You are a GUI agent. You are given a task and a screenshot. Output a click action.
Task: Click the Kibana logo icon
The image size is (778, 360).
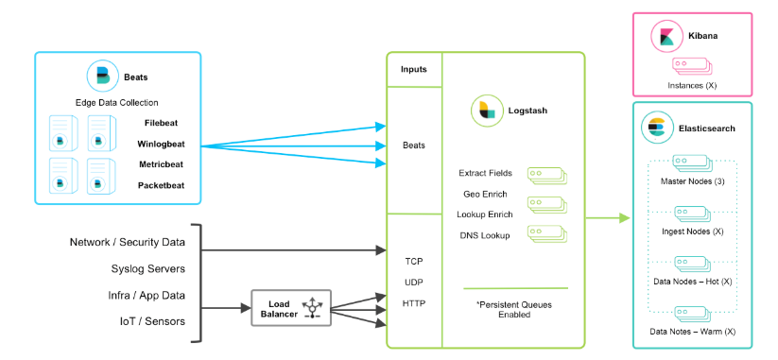coord(666,36)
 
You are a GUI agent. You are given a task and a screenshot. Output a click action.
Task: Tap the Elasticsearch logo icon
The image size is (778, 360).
coord(655,128)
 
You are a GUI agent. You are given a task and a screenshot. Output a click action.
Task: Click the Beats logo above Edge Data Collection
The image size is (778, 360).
coord(102,76)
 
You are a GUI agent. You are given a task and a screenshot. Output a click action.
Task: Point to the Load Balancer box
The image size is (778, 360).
coord(291,308)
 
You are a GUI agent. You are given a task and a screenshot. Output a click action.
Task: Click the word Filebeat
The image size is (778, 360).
coord(162,123)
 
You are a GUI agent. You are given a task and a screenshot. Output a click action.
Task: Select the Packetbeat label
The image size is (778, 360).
coord(162,185)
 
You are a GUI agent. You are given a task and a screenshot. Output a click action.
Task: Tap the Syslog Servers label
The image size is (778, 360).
coord(147,268)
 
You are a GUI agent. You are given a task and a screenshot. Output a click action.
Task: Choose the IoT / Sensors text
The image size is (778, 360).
coord(152,321)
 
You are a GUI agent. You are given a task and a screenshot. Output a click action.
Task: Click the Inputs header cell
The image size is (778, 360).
coord(414,69)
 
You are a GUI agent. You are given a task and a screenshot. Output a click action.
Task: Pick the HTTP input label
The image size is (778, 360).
coord(414,303)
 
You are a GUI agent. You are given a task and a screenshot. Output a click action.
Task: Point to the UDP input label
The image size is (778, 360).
coord(414,283)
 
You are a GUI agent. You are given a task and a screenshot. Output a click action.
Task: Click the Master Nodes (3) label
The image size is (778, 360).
coord(693,181)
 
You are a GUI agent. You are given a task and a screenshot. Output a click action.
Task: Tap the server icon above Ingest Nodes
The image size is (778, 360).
coord(692,214)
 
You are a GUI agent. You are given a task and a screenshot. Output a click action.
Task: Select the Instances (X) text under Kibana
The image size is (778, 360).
coord(692,85)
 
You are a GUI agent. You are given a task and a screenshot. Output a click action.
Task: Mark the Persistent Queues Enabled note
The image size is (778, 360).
coord(514,309)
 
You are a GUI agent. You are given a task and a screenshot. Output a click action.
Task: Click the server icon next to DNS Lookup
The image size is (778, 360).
coord(546,234)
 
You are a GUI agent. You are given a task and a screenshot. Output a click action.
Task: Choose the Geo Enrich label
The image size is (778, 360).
coord(485,194)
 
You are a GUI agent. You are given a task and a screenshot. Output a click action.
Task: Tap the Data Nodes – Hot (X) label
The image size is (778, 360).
coord(693,282)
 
